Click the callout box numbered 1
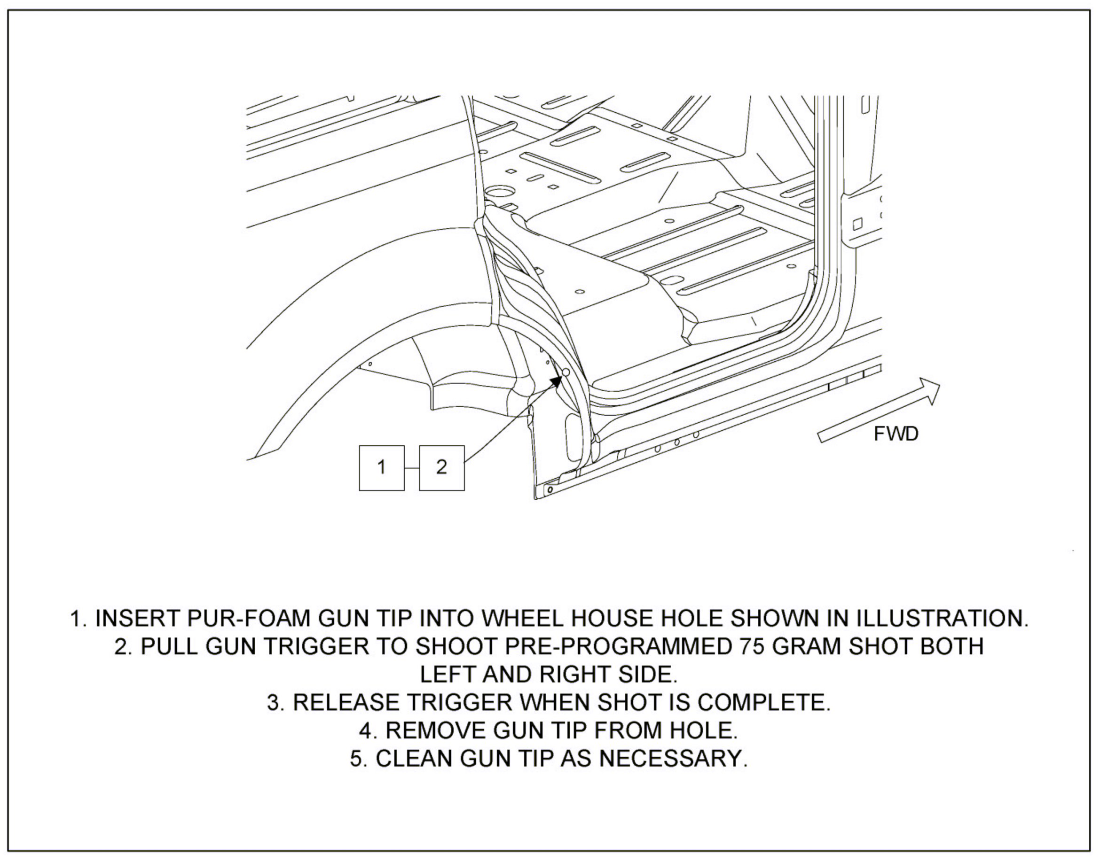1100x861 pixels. pos(381,468)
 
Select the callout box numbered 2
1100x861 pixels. pos(442,468)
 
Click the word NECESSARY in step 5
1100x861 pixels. pos(673,759)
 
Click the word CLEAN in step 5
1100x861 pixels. pos(415,759)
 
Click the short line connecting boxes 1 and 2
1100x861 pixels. pos(411,468)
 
